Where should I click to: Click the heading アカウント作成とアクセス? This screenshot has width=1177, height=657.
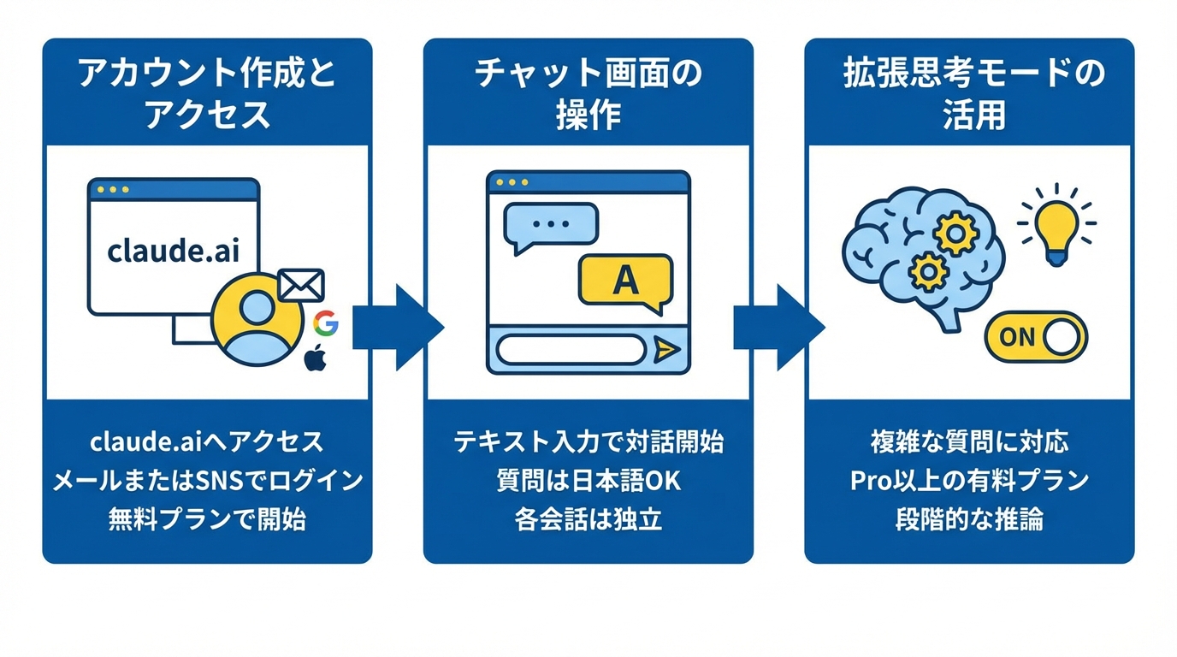(x=207, y=93)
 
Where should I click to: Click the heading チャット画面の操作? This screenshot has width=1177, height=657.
(x=588, y=93)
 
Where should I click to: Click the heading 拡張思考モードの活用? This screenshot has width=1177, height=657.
(x=969, y=93)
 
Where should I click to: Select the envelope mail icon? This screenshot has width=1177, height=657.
(x=302, y=285)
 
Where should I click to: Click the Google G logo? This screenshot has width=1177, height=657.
(x=325, y=323)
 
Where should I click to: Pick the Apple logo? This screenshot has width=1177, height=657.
(x=316, y=358)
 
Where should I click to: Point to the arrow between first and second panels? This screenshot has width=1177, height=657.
(x=399, y=327)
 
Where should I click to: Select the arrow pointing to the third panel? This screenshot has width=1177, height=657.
(x=779, y=327)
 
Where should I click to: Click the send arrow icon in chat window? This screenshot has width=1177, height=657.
(x=665, y=349)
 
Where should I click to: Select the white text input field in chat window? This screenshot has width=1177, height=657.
(x=571, y=349)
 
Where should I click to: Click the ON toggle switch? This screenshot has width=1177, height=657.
(x=1035, y=336)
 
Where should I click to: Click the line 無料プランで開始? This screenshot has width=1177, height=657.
(x=207, y=519)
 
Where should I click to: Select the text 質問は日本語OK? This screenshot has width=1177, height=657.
(x=588, y=481)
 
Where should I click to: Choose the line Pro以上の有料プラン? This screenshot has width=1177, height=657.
(x=969, y=481)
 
